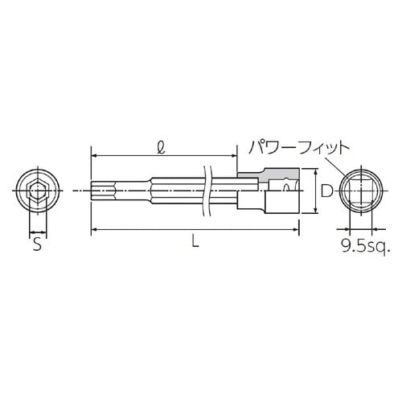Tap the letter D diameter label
coord(326,191)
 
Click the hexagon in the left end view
coord(35,191)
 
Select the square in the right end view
coord(359,191)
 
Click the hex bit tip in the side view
coord(103,191)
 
